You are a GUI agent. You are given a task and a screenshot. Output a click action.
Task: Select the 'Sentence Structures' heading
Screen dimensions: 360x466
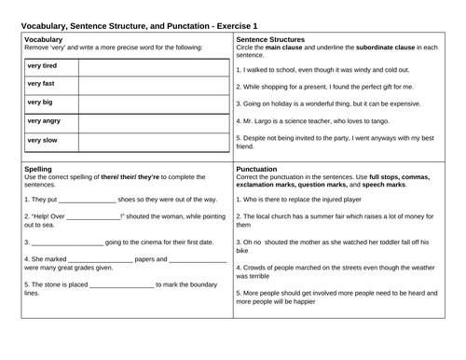(x=270, y=41)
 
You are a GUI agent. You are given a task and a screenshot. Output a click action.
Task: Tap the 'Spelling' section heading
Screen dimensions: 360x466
(x=37, y=169)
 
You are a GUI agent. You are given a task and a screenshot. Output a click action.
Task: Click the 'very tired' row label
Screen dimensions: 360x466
(x=44, y=65)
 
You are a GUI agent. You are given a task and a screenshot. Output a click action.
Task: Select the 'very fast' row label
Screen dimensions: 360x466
(x=42, y=84)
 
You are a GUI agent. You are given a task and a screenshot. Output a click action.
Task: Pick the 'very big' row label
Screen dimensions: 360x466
(x=40, y=103)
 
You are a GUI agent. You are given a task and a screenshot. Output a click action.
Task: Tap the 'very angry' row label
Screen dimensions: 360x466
(x=45, y=121)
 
